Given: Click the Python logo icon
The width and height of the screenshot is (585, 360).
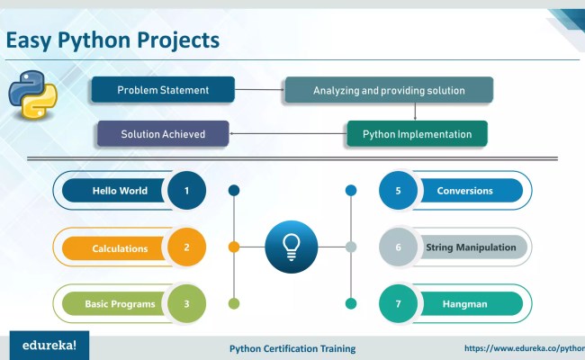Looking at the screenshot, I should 32,96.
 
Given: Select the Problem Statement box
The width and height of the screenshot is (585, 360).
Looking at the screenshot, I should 163,90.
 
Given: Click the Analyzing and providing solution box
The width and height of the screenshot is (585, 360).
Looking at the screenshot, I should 389,90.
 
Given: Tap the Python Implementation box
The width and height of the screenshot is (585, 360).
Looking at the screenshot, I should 417,134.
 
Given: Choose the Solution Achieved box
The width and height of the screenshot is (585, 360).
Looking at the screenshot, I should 165,134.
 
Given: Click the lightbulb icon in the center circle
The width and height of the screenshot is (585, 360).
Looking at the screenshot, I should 292,247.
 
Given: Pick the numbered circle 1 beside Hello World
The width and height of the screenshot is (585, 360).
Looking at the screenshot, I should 186,191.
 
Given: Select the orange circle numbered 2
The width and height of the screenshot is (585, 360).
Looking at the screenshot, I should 186,247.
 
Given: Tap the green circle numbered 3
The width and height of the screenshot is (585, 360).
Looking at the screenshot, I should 186,303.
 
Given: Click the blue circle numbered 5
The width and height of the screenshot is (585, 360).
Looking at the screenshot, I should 397,191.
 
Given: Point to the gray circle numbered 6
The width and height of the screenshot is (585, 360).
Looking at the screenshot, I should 397,247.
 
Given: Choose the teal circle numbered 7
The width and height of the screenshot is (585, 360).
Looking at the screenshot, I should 397,303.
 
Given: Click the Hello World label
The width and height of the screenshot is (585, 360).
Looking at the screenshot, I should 119,191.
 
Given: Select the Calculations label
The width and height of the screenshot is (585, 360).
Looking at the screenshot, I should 119,248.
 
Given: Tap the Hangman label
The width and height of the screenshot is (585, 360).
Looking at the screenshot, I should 464,304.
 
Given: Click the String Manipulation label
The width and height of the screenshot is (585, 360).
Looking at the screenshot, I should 471,247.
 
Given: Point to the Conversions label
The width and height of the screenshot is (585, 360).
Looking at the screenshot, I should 464,191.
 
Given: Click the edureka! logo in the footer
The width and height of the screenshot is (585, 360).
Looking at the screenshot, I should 43,345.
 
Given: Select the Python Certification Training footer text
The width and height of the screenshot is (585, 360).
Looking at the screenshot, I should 292,348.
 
